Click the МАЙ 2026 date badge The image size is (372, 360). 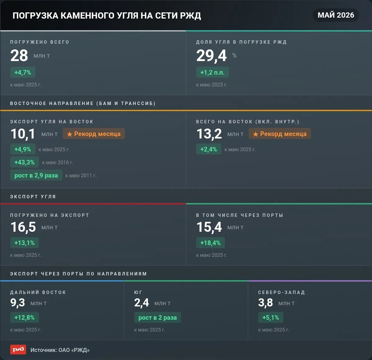[336, 15]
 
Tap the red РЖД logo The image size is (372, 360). [18, 350]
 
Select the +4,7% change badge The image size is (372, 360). [23, 72]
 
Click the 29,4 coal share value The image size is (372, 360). [211, 56]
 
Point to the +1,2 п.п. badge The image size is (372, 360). [212, 72]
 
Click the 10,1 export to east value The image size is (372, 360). [23, 134]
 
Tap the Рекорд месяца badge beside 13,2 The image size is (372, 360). [280, 134]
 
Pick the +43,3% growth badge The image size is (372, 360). [24, 162]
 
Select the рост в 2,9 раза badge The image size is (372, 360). [36, 175]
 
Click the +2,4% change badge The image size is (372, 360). [209, 149]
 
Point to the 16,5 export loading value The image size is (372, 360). [23, 227]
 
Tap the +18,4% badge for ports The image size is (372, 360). [210, 243]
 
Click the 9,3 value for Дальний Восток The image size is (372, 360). [18, 303]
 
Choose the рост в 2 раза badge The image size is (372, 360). [157, 317]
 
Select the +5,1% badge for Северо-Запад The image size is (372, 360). [271, 317]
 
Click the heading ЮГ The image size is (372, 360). [138, 292]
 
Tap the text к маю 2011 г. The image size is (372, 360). [81, 175]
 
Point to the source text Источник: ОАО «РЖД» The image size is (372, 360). [60, 350]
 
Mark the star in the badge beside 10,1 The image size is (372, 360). [69, 134]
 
